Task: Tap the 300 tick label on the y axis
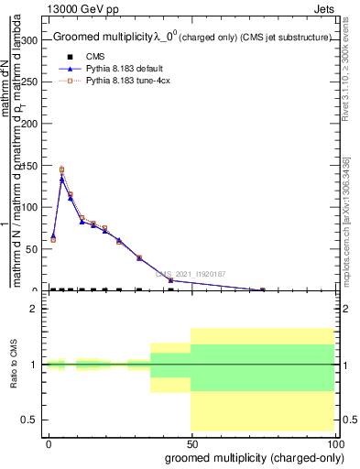(x=32, y=40)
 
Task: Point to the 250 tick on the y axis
(x=32, y=82)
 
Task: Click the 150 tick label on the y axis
(x=32, y=166)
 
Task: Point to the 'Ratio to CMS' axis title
(x=14, y=364)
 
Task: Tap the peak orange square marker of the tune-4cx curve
(x=61, y=169)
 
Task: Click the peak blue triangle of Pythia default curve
(x=61, y=179)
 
